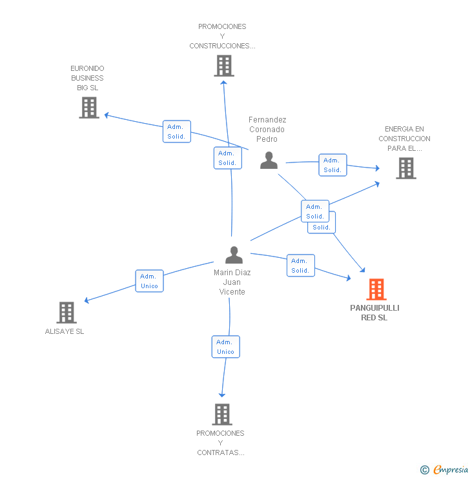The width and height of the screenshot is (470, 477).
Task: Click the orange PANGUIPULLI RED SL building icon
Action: (x=376, y=289)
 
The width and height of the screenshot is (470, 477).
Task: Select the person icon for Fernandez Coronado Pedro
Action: (x=269, y=160)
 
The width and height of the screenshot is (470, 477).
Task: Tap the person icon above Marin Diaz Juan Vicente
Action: (x=234, y=255)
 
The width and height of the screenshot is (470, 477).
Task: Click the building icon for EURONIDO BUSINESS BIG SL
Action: (x=89, y=108)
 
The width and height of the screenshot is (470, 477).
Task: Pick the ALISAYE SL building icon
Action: (x=66, y=313)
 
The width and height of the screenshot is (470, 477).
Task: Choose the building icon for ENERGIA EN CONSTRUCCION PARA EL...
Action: (x=405, y=168)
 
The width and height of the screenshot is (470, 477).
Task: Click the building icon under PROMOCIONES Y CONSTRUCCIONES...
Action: (x=223, y=66)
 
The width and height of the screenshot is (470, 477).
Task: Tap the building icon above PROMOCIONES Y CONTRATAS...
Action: (x=221, y=414)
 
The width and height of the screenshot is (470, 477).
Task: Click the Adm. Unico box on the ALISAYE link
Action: (x=149, y=281)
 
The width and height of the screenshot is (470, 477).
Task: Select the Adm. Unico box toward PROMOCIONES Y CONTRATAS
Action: (x=225, y=347)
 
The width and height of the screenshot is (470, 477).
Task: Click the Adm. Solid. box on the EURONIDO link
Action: (x=176, y=131)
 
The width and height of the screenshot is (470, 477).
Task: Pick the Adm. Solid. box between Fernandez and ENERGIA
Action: (x=332, y=165)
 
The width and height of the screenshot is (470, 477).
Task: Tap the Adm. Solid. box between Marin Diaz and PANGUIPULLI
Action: (x=300, y=266)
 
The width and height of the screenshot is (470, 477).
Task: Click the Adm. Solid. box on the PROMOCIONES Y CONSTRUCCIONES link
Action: (x=227, y=158)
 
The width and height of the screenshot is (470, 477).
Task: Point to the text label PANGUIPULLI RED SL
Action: (x=374, y=313)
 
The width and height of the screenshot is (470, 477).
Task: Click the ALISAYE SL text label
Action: (x=65, y=331)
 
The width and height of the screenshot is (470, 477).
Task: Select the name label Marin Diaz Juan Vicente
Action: (x=232, y=282)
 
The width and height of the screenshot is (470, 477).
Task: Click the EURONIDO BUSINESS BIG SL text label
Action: (x=87, y=78)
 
